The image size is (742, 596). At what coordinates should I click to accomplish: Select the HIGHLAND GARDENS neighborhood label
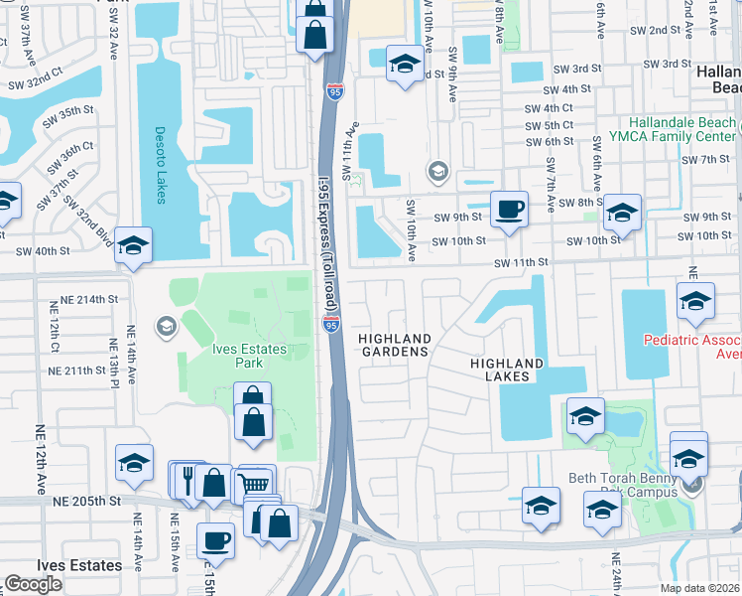point(395,345)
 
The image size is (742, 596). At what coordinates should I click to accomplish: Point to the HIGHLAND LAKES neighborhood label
point(506,371)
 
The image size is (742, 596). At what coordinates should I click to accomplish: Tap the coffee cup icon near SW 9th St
point(509,209)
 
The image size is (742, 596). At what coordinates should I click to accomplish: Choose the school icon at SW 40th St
point(133,245)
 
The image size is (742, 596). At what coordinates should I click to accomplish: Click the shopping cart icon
point(257,484)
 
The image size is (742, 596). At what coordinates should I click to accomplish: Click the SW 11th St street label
point(522,262)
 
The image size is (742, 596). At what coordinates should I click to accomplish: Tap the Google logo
point(33,583)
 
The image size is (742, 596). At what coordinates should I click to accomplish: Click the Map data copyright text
point(699,588)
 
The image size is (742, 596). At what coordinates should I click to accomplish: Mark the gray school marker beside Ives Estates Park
point(166,325)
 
